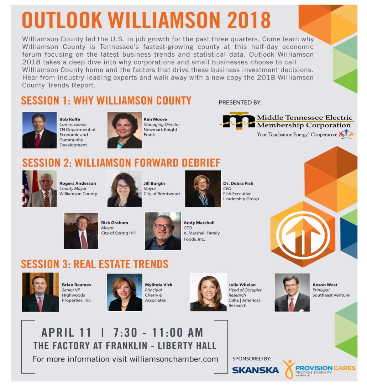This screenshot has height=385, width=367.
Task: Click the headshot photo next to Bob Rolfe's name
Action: pyautogui.click(x=40, y=130)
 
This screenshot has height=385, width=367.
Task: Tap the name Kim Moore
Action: pyautogui.click(x=155, y=119)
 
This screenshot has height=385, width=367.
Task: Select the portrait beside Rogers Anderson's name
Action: pyautogui.click(x=40, y=189)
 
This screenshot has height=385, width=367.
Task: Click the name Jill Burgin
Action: pyautogui.click(x=154, y=183)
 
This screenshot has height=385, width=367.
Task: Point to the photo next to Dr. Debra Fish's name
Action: pyautogui.click(x=203, y=189)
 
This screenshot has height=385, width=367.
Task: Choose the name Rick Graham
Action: pyautogui.click(x=115, y=223)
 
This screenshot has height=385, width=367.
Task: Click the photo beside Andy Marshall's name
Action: pyautogui.click(x=163, y=231)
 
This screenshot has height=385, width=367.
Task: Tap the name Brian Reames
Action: pyautogui.click(x=76, y=285)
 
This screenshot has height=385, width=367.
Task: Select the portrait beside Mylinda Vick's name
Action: pyautogui.click(x=125, y=292)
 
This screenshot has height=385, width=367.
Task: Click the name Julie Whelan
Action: pyautogui.click(x=242, y=285)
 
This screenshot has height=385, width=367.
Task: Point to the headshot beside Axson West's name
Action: pyautogui.click(x=292, y=292)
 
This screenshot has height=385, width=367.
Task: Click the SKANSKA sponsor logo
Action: pyautogui.click(x=256, y=370)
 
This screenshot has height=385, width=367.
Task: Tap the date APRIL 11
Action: pyautogui.click(x=66, y=333)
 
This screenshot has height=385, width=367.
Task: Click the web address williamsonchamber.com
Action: pyautogui.click(x=174, y=359)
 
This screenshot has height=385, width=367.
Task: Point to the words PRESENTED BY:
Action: pyautogui.click(x=240, y=102)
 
